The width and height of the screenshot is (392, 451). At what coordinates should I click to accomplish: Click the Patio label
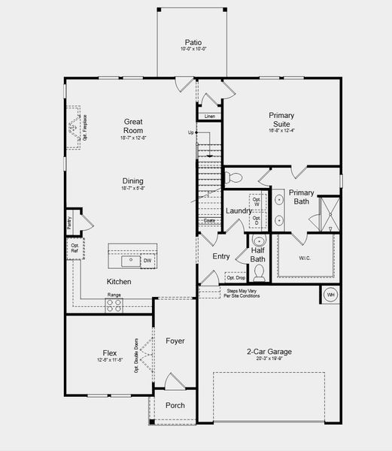193,43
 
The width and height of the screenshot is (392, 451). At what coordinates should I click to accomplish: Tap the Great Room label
133,126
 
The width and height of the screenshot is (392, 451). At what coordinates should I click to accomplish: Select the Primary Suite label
281,120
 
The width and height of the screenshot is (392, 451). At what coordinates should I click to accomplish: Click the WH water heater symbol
330,295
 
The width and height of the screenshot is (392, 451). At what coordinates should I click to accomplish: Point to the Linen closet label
209,117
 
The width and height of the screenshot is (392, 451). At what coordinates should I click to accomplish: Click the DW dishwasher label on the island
147,261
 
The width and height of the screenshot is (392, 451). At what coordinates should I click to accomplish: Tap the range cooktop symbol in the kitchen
114,306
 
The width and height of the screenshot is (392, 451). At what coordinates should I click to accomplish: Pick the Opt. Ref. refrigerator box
74,249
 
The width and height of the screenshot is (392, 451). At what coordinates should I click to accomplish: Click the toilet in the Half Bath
258,272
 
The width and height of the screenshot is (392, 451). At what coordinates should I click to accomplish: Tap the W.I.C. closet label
304,259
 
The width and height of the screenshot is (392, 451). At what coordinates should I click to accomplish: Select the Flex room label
110,353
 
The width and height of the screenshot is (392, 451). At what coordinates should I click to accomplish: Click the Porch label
175,406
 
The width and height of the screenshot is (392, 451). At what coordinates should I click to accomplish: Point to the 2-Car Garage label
269,352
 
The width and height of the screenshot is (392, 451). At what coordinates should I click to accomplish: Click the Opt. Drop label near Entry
235,277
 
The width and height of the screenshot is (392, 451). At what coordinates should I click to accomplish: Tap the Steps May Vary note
242,293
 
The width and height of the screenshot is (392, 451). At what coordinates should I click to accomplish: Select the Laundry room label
239,210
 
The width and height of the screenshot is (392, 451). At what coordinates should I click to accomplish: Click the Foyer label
175,341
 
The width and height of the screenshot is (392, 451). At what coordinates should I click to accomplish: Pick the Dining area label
133,181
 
